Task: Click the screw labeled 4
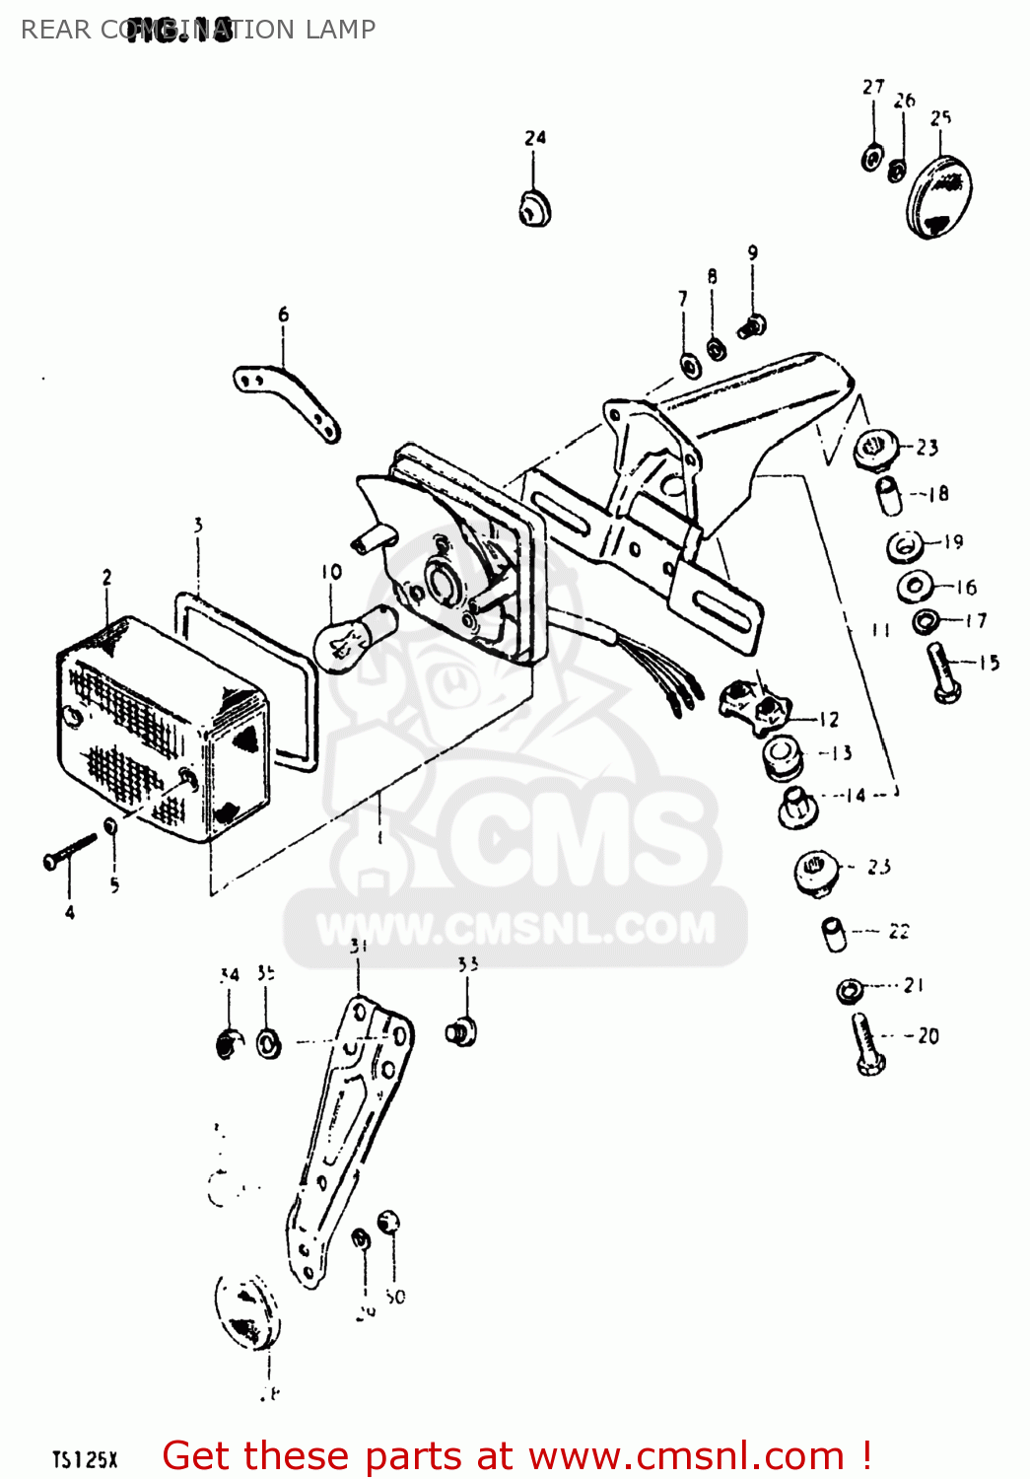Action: [x=69, y=851]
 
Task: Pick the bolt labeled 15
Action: [x=943, y=673]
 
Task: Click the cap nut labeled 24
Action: [x=534, y=208]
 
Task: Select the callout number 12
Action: [x=829, y=720]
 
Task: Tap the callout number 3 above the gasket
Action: [x=198, y=525]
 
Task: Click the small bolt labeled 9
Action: [x=752, y=324]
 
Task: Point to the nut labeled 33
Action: [x=461, y=1032]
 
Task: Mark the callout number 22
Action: [x=898, y=931]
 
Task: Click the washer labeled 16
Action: [x=915, y=588]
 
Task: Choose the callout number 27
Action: [x=873, y=87]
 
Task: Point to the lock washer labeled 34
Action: [x=228, y=1042]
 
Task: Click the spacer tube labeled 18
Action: [x=889, y=495]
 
